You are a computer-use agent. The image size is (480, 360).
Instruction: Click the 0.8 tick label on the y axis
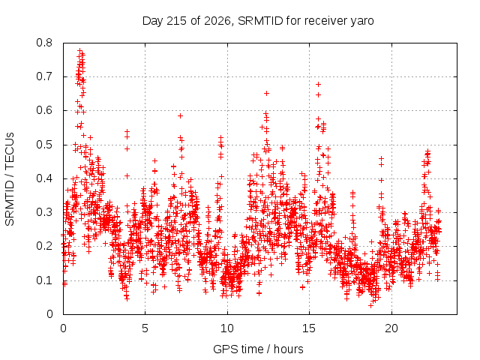(44, 43)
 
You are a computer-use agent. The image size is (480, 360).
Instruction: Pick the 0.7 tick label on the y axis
(44, 76)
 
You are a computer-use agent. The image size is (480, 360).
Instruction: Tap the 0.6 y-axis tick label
(44, 110)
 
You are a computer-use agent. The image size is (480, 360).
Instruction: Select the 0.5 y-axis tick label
(44, 145)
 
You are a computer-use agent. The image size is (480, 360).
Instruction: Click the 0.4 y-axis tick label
(44, 178)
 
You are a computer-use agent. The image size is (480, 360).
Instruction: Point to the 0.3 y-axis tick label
(44, 212)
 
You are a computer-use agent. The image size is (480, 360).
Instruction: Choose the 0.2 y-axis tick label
(44, 246)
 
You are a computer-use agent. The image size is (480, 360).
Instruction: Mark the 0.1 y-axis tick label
(44, 280)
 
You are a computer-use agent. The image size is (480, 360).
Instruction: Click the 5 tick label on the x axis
(145, 328)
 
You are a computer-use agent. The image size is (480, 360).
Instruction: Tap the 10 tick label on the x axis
(227, 328)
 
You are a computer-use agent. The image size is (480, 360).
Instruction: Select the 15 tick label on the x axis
(309, 328)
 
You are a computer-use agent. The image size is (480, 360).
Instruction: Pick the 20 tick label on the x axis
(391, 328)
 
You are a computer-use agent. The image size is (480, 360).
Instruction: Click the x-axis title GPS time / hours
(258, 349)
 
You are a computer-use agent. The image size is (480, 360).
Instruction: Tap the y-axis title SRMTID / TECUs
(10, 179)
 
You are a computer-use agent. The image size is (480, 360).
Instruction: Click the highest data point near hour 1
(80, 50)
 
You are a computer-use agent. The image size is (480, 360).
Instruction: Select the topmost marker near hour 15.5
(318, 84)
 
